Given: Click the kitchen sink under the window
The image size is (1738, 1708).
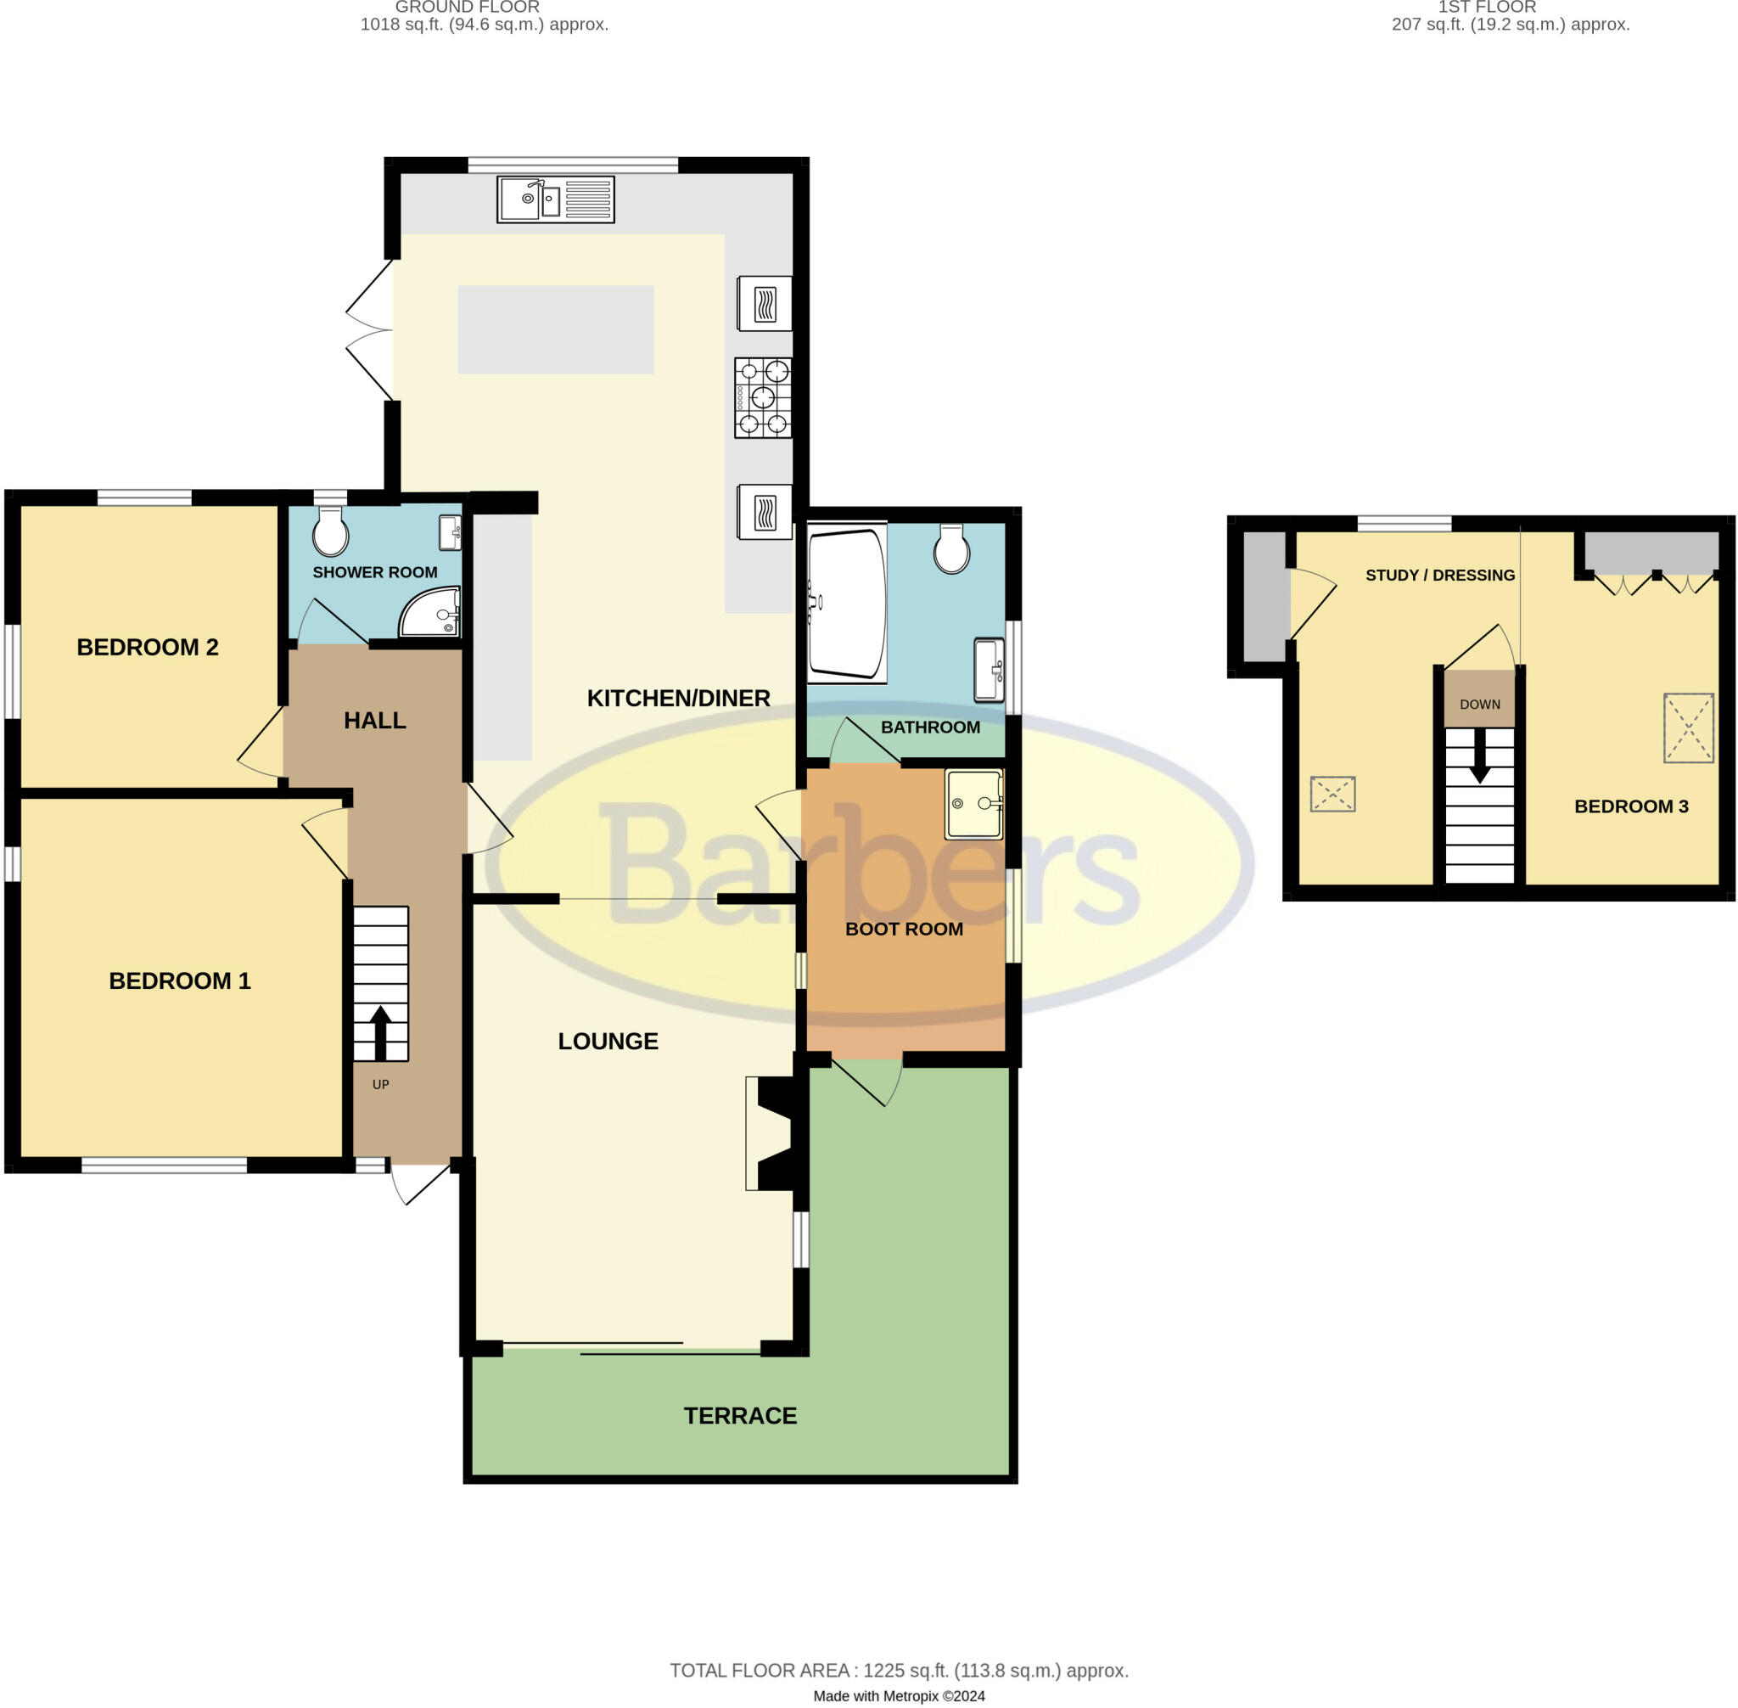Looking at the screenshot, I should click(555, 199).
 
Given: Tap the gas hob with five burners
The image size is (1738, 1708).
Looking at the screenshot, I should click(762, 397).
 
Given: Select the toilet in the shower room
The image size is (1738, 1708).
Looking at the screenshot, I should click(330, 532).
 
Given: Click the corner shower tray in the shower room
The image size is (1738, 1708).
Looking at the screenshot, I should click(433, 613).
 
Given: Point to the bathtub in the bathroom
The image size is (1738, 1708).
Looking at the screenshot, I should click(846, 602).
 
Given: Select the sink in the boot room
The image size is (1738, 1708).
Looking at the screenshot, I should click(973, 804).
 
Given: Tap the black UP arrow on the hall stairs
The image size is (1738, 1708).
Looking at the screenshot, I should click(380, 1032).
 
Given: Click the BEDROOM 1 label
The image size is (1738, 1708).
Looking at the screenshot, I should click(179, 980).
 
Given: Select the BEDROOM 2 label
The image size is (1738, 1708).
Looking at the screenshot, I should click(147, 647).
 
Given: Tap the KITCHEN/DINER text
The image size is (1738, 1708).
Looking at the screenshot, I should click(678, 698).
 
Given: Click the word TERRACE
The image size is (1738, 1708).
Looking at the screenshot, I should click(740, 1416).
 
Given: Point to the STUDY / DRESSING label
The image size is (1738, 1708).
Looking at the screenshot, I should click(1439, 575).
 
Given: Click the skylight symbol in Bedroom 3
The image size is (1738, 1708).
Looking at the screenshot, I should click(1688, 728).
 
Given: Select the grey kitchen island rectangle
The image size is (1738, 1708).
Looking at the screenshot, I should click(555, 329).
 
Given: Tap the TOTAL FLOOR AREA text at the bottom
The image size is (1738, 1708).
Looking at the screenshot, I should click(899, 1671).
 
